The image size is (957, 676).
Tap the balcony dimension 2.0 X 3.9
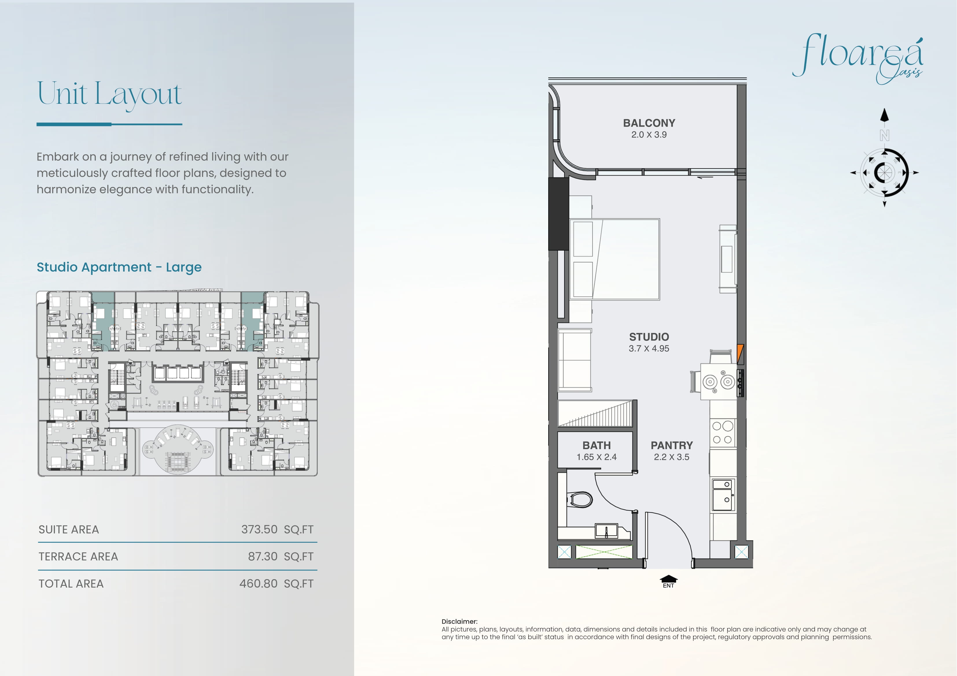tap(649, 134)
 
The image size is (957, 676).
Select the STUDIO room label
tap(649, 337)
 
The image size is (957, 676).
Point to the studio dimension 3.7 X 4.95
tap(649, 349)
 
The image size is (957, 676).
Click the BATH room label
tap(597, 445)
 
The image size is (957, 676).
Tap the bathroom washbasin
tap(606, 531)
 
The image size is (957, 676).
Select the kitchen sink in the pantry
tap(723, 495)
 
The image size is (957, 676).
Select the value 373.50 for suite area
tap(259, 529)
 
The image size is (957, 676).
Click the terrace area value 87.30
tap(263, 556)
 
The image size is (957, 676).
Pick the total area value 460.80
tap(258, 584)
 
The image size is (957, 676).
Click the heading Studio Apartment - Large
tap(119, 267)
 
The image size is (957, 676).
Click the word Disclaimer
tap(459, 621)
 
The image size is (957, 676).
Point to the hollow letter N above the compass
tap(884, 135)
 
